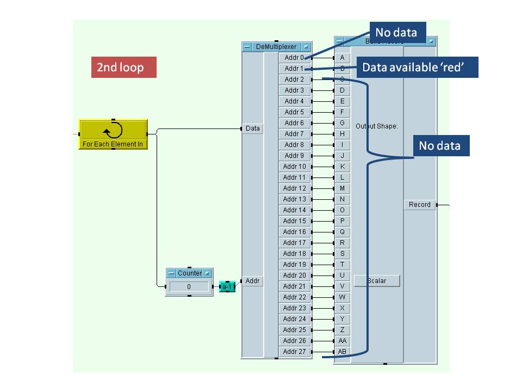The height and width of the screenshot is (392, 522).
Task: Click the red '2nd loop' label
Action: click(123, 67)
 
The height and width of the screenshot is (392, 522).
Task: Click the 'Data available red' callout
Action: click(417, 67)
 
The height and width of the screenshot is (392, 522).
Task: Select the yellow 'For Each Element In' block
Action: click(113, 134)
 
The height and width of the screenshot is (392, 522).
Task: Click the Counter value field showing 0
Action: click(189, 286)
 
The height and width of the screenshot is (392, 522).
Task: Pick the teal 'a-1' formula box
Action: click(227, 286)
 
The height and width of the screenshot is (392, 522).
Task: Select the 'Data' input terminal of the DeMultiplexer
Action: click(253, 128)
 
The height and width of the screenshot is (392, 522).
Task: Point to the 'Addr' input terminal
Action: click(253, 281)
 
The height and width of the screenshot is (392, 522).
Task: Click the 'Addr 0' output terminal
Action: click(294, 58)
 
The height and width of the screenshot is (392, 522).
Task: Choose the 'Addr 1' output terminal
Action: click(294, 69)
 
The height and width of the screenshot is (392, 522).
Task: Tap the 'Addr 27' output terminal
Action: click(294, 352)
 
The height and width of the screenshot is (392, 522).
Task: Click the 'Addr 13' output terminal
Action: click(294, 199)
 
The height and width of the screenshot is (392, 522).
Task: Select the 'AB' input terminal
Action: click(342, 352)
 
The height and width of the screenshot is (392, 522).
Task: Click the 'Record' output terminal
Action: click(419, 205)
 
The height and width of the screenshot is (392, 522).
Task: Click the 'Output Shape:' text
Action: click(377, 126)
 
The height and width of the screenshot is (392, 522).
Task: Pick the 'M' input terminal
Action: click(342, 188)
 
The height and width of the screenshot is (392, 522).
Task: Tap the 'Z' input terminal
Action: click(342, 330)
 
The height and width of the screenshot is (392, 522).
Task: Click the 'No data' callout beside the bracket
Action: click(440, 145)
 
